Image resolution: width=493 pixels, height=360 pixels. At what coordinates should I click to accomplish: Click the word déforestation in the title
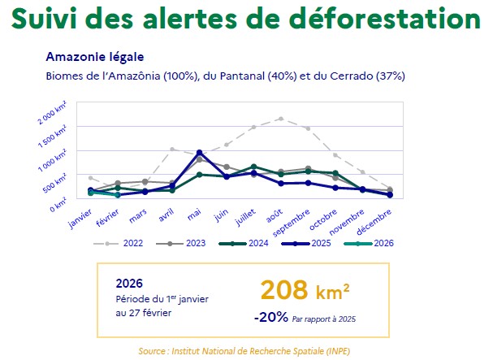[x=382, y=17]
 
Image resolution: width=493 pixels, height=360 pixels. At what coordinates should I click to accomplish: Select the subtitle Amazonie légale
[x=95, y=57]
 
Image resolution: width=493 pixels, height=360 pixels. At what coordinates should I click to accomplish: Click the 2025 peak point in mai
[x=200, y=152]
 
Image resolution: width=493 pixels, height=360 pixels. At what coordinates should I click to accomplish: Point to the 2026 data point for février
[x=118, y=195]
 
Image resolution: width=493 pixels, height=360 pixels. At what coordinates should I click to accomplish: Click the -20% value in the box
[x=270, y=318]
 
